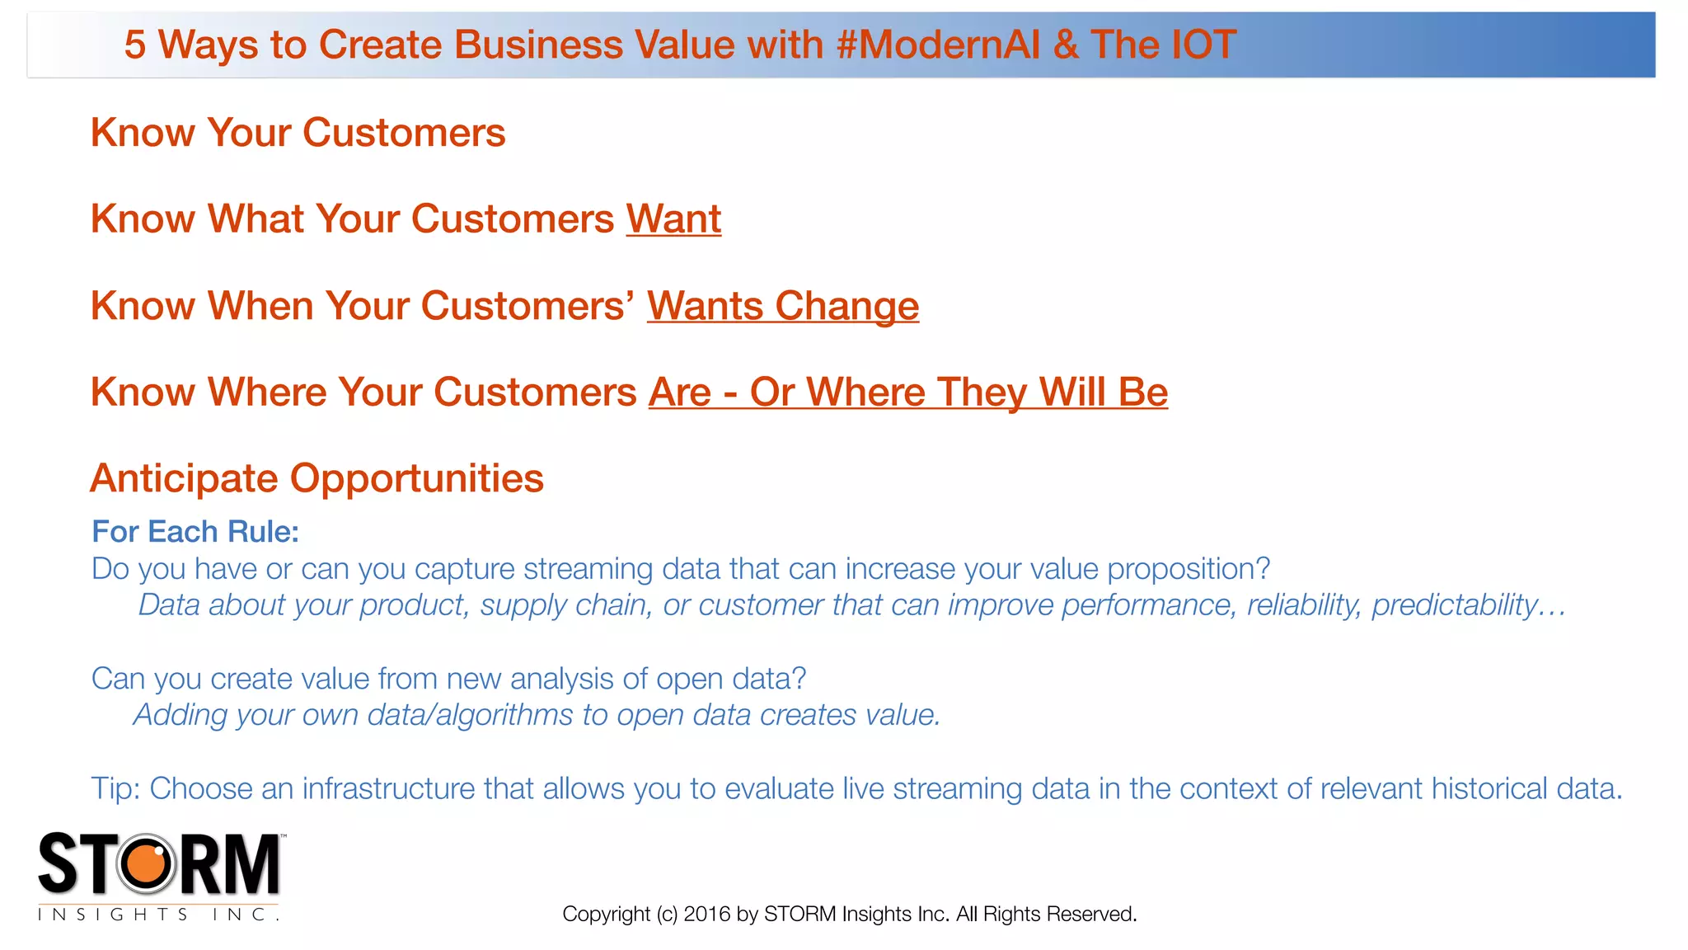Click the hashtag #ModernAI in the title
click(939, 45)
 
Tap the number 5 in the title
click(134, 45)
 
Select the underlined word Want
click(673, 219)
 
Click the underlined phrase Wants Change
click(782, 306)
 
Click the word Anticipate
click(184, 479)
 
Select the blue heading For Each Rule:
click(195, 532)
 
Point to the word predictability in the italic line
click(1454, 605)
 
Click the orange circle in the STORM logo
click(147, 863)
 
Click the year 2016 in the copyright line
click(707, 914)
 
